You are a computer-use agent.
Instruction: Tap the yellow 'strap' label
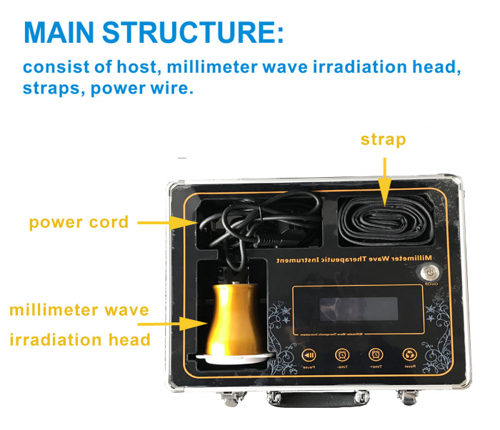click(383, 139)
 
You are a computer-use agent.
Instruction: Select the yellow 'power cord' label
click(79, 222)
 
